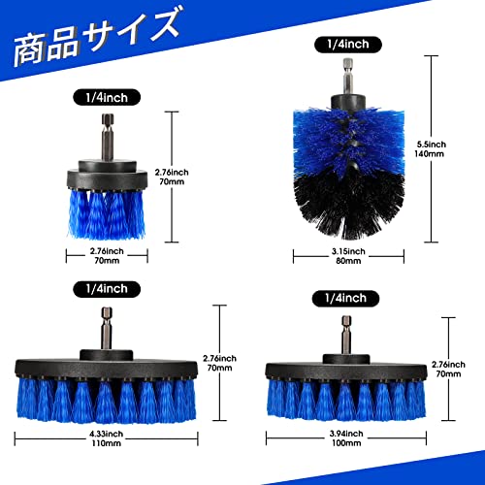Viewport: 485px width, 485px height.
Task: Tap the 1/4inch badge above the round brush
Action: click(x=348, y=45)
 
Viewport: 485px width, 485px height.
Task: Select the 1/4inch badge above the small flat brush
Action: click(x=107, y=97)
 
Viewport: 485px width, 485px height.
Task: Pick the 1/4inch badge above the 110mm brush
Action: click(x=107, y=289)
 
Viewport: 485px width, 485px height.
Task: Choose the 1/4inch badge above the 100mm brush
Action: click(x=345, y=298)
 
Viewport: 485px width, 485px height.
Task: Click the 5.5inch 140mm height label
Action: click(x=431, y=149)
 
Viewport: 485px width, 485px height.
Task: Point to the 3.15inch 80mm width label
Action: click(x=348, y=256)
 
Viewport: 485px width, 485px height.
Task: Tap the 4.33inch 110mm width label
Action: click(x=107, y=438)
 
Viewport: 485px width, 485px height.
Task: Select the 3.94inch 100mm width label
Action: click(x=346, y=438)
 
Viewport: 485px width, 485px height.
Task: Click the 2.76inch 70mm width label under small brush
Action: click(x=107, y=256)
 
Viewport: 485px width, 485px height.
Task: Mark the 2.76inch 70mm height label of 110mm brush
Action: click(x=219, y=363)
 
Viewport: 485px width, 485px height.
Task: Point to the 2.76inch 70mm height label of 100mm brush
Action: click(x=448, y=370)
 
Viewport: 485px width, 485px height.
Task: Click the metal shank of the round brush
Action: click(x=348, y=77)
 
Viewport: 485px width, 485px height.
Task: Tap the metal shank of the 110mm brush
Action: click(x=107, y=329)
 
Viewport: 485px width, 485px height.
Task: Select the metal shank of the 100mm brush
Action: click(x=346, y=336)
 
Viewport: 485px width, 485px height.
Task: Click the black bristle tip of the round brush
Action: click(x=349, y=207)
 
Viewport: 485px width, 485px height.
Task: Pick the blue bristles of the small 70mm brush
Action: click(x=107, y=215)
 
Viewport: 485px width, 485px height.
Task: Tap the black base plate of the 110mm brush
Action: click(x=106, y=370)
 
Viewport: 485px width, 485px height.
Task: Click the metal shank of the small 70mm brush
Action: click(x=108, y=137)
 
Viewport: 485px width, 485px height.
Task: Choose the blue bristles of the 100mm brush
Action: click(x=346, y=400)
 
